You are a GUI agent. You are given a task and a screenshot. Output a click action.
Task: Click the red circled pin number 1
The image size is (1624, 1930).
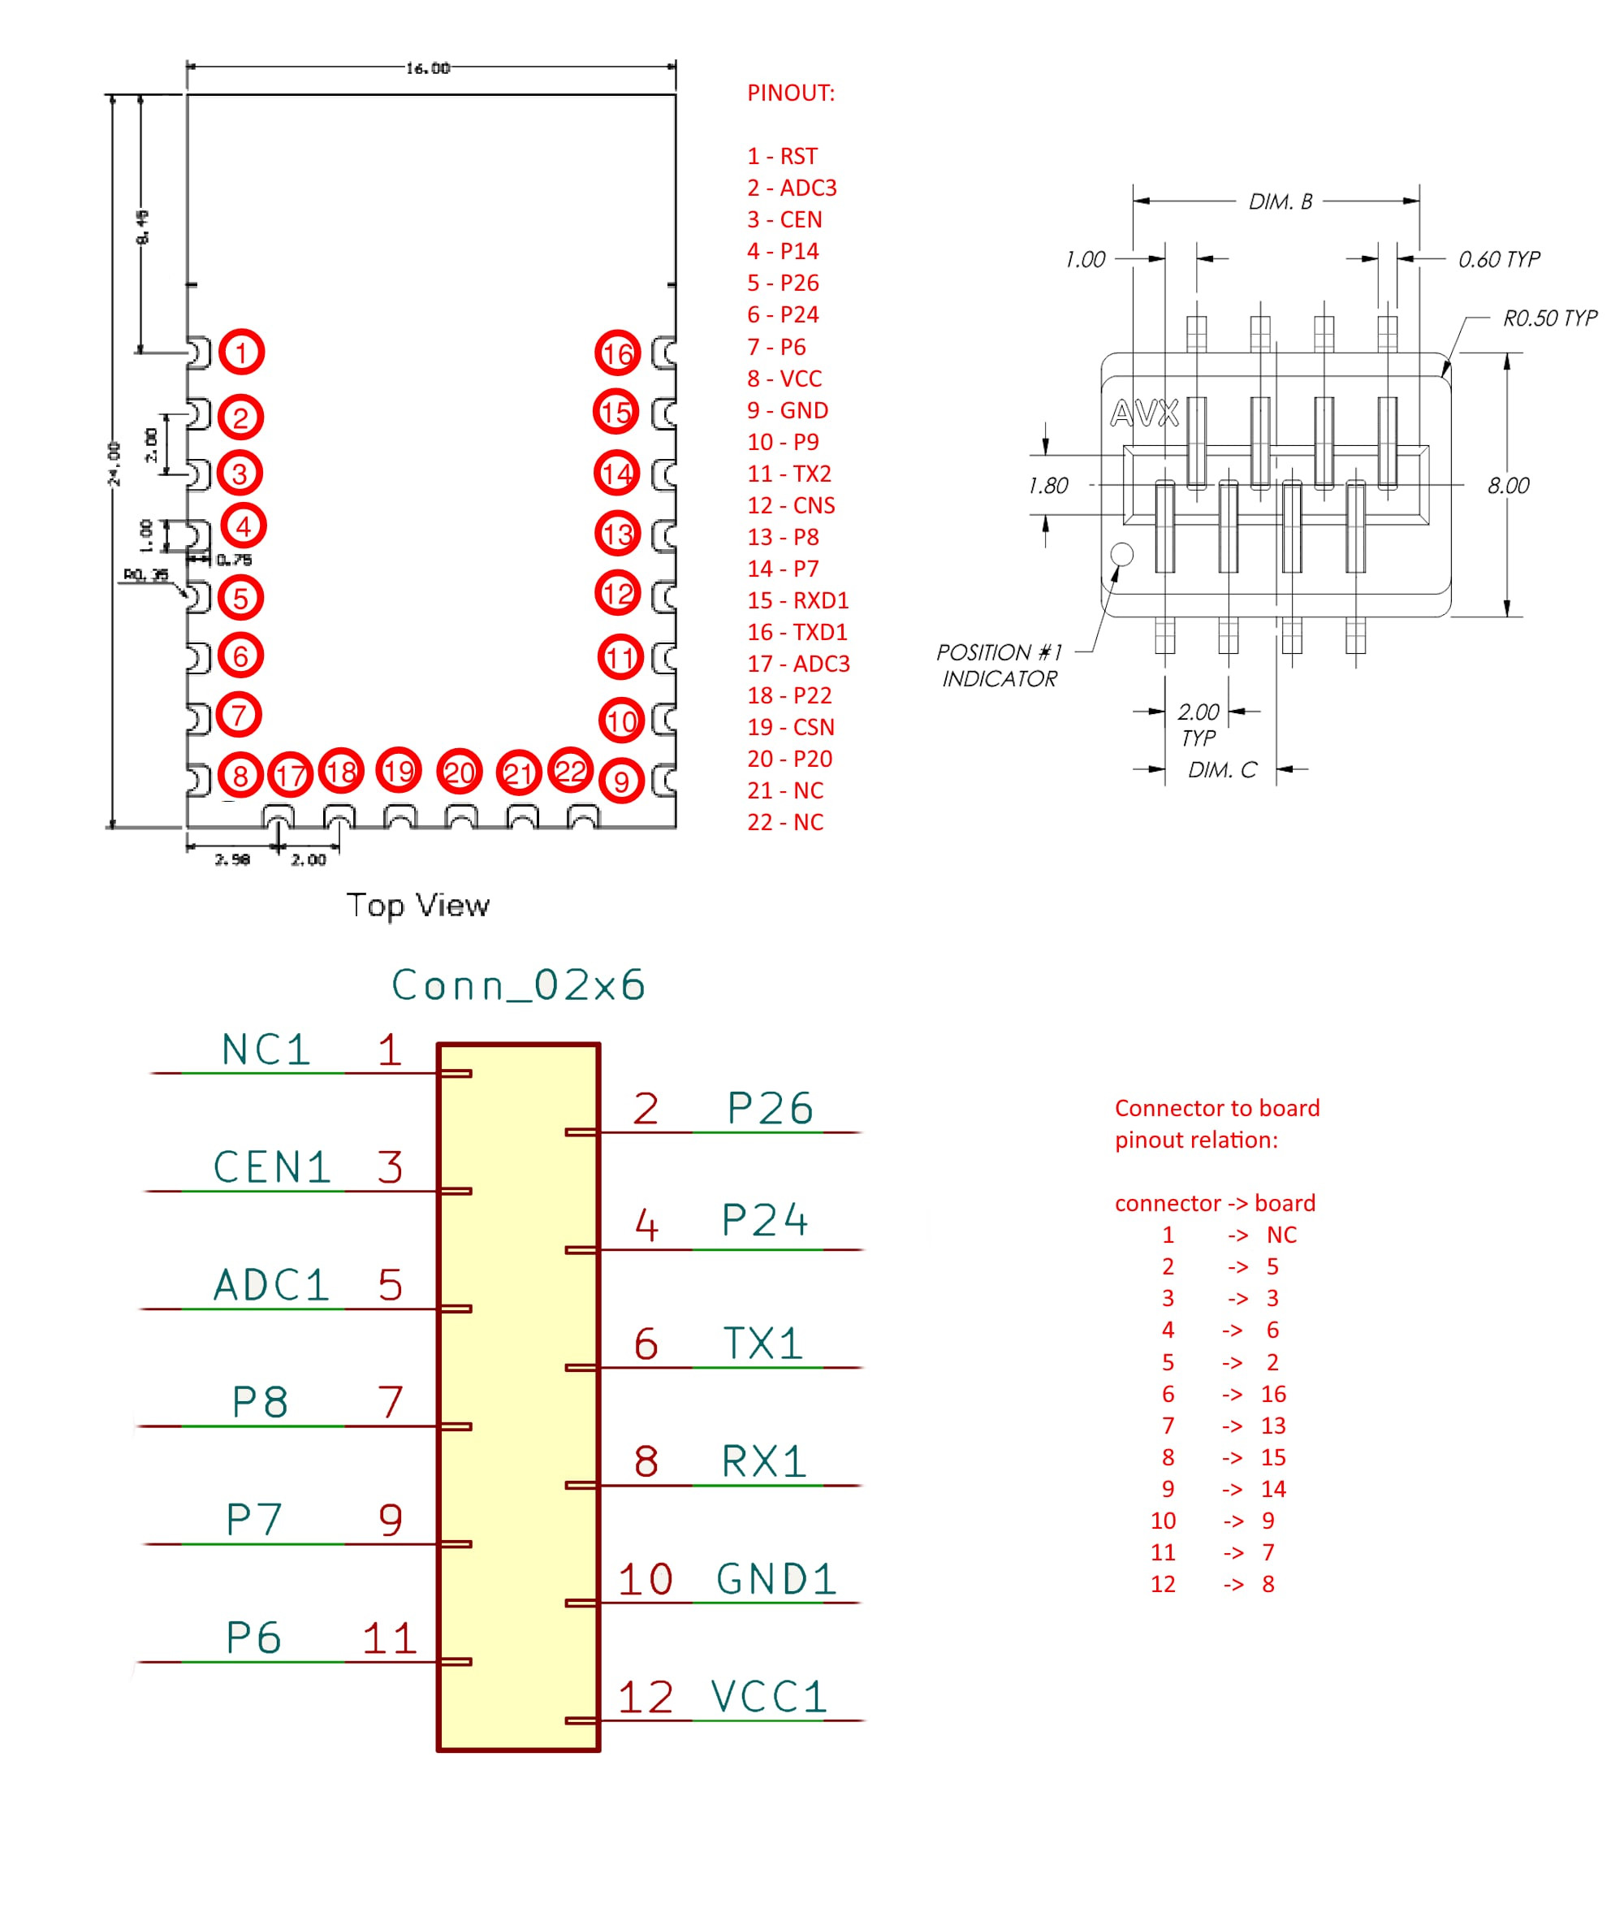[x=241, y=352]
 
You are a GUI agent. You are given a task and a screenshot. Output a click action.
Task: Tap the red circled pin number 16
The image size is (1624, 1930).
[x=618, y=353]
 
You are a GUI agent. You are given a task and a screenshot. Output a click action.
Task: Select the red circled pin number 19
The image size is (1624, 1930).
[x=399, y=770]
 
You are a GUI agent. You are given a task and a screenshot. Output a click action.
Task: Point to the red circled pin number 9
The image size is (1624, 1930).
[x=621, y=781]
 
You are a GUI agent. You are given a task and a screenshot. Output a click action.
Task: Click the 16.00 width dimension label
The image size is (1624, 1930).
[x=428, y=68]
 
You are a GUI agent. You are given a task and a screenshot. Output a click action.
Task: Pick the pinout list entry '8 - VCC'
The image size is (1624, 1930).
[x=784, y=379]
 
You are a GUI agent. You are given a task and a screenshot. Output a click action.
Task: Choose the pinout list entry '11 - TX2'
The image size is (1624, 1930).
[x=789, y=474]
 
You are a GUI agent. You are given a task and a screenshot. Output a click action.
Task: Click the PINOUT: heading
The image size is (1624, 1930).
[x=790, y=93]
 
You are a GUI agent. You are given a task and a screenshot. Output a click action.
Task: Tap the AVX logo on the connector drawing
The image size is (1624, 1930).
[x=1143, y=413]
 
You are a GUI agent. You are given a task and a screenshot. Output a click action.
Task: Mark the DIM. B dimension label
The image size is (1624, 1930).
[x=1280, y=201]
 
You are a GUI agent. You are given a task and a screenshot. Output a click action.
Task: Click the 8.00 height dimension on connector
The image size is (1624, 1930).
[x=1508, y=485]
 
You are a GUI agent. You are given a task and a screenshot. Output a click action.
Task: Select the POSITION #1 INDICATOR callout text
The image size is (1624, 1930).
[x=999, y=664]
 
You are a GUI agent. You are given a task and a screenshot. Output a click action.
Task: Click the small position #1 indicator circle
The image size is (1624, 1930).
[x=1121, y=553]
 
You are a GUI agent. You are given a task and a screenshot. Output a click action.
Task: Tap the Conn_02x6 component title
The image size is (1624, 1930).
[x=517, y=985]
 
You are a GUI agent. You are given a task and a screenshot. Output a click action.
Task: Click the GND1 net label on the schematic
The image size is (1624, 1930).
[x=776, y=1579]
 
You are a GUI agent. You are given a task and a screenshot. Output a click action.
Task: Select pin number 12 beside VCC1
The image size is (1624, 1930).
[x=646, y=1697]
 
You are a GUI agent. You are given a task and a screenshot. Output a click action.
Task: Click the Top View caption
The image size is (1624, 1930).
[x=418, y=905]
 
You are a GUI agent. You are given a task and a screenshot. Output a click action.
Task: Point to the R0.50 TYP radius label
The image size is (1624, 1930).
[x=1549, y=318]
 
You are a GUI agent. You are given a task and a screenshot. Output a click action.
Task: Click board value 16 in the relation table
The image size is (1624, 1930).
[x=1273, y=1394]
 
